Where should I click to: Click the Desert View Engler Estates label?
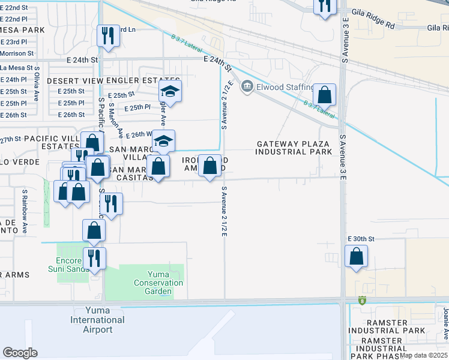click(113, 80)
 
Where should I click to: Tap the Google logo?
click(20, 353)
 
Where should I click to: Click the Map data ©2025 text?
click(423, 355)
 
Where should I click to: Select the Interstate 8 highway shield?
click(363, 300)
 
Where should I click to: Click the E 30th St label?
click(361, 239)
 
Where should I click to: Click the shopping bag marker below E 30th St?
click(357, 256)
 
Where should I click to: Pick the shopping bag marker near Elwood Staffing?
click(324, 94)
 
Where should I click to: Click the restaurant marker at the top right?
click(325, 6)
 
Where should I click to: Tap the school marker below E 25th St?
click(170, 93)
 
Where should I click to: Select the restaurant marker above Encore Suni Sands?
click(94, 258)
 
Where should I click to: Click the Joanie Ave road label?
click(446, 324)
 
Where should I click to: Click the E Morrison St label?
click(16, 54)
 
